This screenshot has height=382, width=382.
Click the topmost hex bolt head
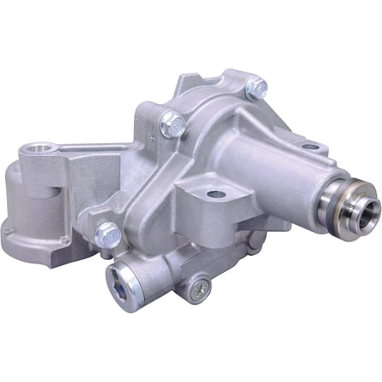(x=254, y=86)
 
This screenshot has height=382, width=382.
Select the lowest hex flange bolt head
(x=108, y=232)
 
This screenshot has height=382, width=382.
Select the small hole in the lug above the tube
(x=311, y=147)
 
